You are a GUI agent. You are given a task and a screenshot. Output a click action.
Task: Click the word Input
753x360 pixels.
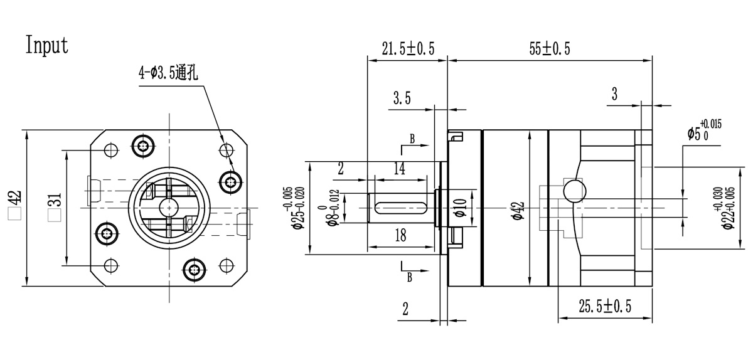coord(47,45)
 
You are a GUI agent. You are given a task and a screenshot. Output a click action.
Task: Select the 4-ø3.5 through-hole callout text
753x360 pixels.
coord(168,73)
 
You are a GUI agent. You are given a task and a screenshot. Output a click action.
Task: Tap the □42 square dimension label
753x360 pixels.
coord(14,205)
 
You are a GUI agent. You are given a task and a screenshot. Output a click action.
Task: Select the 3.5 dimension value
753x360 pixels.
coord(402,98)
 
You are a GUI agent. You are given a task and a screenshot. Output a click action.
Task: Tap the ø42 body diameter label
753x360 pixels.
coord(518,207)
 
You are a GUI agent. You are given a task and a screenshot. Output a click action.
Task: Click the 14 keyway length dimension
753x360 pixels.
coord(399,168)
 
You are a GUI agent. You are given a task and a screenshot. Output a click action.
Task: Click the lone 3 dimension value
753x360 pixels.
coord(614,94)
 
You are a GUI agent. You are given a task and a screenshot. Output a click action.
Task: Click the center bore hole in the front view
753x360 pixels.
coord(168,206)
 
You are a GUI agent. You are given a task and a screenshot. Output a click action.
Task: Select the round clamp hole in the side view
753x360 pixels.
coord(574,190)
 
